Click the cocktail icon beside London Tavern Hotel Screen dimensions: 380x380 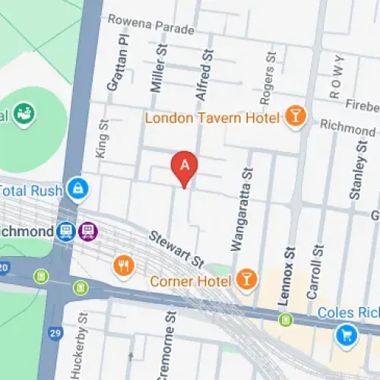click(293, 116)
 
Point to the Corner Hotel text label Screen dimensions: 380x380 click(191, 282)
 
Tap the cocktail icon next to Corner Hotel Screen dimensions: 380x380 click(245, 280)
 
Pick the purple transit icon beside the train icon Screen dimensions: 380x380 click(90, 230)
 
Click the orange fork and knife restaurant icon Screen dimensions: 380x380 click(122, 265)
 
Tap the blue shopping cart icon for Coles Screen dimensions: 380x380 click(347, 333)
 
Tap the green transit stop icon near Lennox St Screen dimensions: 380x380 click(284, 319)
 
